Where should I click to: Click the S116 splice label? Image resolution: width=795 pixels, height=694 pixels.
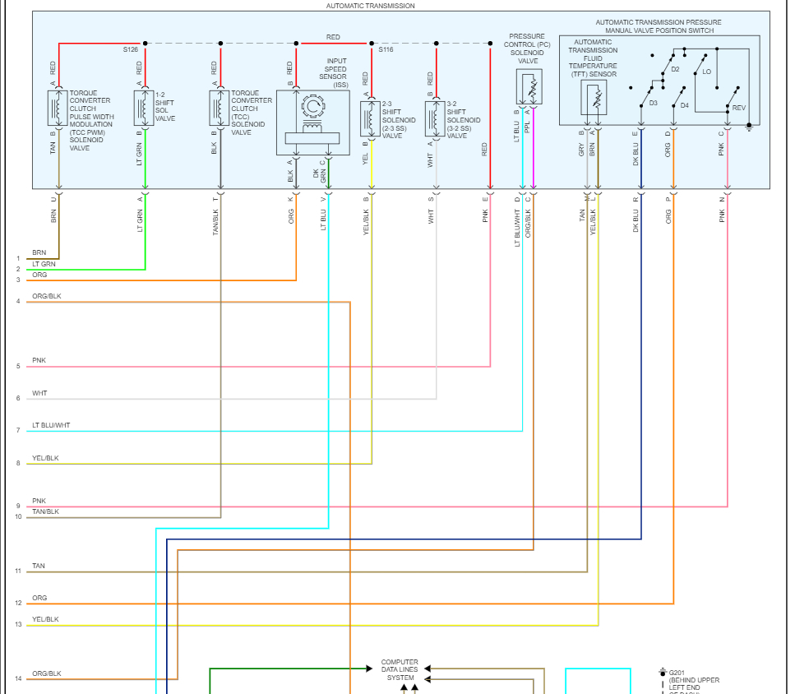pyautogui.click(x=386, y=50)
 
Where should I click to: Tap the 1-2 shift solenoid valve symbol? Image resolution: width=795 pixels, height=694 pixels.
pyautogui.click(x=145, y=109)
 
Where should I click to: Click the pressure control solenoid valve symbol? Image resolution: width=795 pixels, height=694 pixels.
pyautogui.click(x=529, y=86)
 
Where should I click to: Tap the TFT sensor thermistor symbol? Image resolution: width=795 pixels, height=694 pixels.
pyautogui.click(x=594, y=98)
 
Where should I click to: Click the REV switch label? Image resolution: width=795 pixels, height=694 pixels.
pyautogui.click(x=739, y=108)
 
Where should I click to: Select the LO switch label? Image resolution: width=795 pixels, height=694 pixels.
pyautogui.click(x=706, y=72)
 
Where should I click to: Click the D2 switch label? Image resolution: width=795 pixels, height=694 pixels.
pyautogui.click(x=675, y=69)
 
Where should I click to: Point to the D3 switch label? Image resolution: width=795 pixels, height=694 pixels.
pyautogui.click(x=653, y=104)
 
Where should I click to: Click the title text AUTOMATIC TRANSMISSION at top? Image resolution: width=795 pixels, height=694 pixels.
pyautogui.click(x=370, y=6)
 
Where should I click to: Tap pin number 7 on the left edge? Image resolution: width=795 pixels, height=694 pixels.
pyautogui.click(x=17, y=430)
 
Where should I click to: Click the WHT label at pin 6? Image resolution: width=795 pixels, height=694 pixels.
pyautogui.click(x=39, y=393)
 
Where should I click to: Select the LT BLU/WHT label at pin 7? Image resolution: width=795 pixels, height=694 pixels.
pyautogui.click(x=51, y=425)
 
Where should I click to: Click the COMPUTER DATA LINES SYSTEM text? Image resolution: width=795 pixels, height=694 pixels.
pyautogui.click(x=400, y=669)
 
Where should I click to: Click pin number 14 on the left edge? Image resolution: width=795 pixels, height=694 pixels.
pyautogui.click(x=17, y=679)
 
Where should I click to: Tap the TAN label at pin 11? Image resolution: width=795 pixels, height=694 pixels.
pyautogui.click(x=39, y=566)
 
